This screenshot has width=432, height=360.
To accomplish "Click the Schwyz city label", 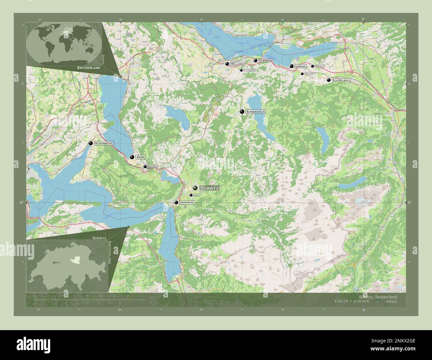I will [x=209, y=188].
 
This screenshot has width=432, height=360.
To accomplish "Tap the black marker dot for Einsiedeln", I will [x=242, y=112].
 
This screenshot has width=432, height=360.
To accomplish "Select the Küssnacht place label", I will [x=104, y=143].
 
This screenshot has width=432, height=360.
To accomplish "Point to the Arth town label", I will [x=141, y=157].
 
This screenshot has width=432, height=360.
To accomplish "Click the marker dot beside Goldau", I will [x=145, y=166].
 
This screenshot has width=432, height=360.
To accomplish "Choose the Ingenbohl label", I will [x=186, y=202].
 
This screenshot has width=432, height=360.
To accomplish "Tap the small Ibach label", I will [x=197, y=195].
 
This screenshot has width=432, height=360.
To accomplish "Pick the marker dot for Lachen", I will [x=291, y=66].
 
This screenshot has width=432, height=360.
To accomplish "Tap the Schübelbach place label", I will [x=341, y=80].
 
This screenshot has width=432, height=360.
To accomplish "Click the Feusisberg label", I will [x=249, y=70].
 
